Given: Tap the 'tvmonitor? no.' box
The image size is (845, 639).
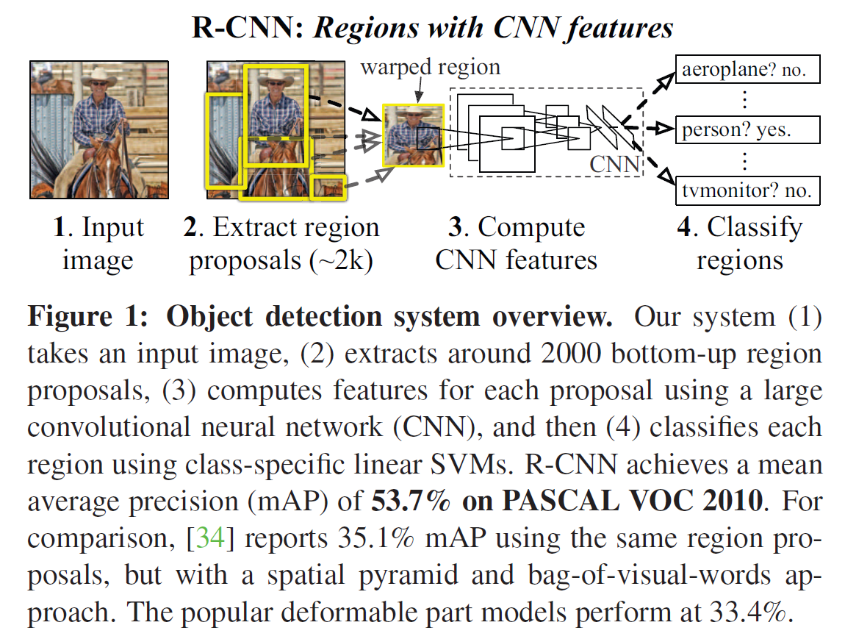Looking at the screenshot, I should coord(746,190).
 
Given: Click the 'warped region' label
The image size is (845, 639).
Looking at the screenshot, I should coord(430,68).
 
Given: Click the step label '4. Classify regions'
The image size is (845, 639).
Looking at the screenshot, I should coord(739,243).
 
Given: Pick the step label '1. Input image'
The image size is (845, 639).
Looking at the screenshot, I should coord(98,243).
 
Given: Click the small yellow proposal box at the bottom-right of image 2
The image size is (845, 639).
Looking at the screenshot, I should coord(328,188).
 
